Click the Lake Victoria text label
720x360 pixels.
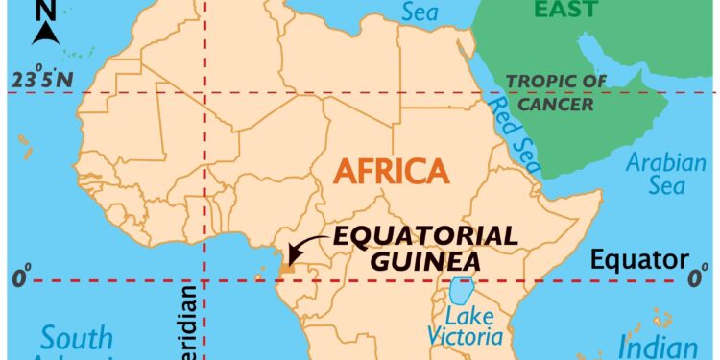point(467,326)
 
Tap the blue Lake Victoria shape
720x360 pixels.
point(462,289)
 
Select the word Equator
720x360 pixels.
point(639,259)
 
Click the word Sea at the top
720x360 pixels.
point(420,12)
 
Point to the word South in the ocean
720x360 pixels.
point(76,339)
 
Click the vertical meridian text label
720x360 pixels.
point(186,322)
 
